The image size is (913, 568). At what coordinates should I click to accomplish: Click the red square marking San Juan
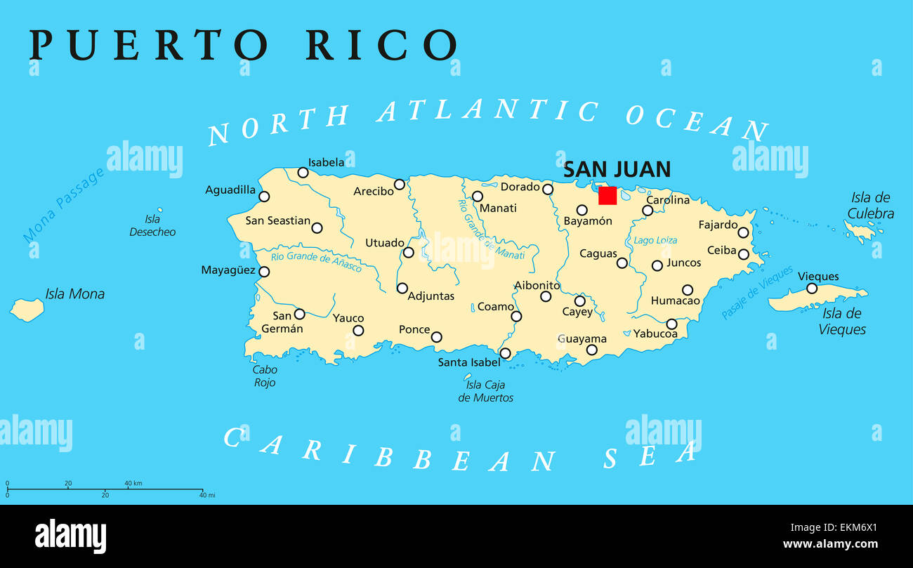(607, 196)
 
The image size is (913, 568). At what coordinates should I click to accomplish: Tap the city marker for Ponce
(436, 337)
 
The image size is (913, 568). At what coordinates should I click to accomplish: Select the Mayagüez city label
(228, 270)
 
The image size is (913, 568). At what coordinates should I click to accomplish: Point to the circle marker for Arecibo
(399, 185)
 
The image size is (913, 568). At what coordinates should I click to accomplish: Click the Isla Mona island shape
(27, 309)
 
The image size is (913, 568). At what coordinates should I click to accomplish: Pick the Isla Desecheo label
(152, 225)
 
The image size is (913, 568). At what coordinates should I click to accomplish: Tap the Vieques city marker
(811, 289)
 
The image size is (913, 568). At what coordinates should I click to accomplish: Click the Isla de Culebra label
(870, 206)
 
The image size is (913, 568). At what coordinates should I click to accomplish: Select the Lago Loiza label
(655, 240)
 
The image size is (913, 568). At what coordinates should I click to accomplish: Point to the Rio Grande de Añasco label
(316, 261)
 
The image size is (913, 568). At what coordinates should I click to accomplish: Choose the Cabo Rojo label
(265, 376)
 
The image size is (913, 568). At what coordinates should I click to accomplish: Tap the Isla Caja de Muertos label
(485, 391)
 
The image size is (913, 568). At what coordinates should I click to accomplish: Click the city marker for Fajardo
(743, 232)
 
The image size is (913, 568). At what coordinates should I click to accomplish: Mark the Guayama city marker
(591, 350)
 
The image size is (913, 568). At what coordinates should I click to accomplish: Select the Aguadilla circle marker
(264, 197)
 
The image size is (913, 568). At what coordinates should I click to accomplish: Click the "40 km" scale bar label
(133, 483)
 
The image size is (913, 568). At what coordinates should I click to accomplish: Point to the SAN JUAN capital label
(617, 169)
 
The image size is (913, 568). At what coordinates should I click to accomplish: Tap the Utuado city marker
(408, 252)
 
